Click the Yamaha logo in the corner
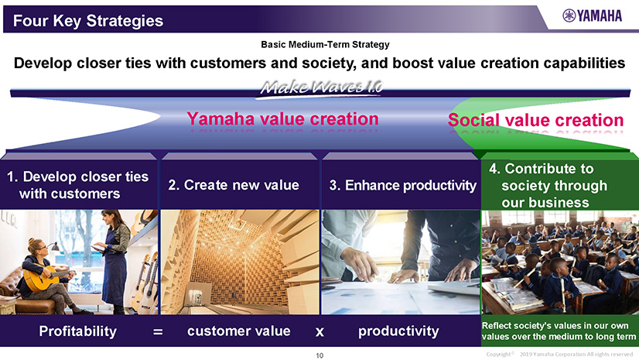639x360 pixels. pyautogui.click(x=592, y=16)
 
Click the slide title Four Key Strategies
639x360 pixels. pyautogui.click(x=88, y=21)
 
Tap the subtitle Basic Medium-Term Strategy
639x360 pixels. pyautogui.click(x=325, y=44)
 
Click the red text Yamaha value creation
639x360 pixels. pyautogui.click(x=283, y=119)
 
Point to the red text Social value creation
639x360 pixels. pyautogui.click(x=535, y=120)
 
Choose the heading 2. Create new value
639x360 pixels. pyautogui.click(x=234, y=185)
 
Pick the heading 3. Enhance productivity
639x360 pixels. pyautogui.click(x=402, y=186)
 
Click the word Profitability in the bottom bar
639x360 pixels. pyautogui.click(x=78, y=331)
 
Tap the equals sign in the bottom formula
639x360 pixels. pyautogui.click(x=158, y=332)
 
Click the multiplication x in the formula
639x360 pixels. pyautogui.click(x=320, y=332)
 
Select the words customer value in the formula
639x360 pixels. pyautogui.click(x=239, y=331)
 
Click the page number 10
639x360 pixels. pyautogui.click(x=319, y=355)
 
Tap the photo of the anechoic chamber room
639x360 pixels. pyautogui.click(x=240, y=262)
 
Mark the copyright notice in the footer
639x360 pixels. pyautogui.click(x=559, y=354)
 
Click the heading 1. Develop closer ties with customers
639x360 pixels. pyautogui.click(x=77, y=185)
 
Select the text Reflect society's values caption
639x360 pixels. pyautogui.click(x=559, y=331)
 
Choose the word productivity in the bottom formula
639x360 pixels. pyautogui.click(x=398, y=331)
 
